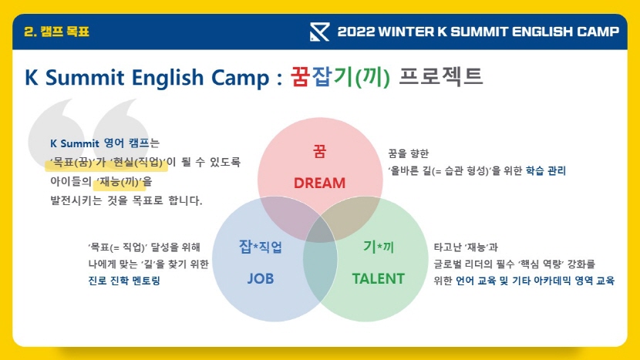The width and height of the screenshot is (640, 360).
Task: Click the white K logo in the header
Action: click(319, 32)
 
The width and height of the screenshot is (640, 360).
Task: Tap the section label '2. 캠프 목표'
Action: click(57, 32)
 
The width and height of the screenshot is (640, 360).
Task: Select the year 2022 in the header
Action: click(356, 32)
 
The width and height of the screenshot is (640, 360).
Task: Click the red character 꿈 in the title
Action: click(301, 77)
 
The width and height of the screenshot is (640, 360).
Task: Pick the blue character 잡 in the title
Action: click(322, 77)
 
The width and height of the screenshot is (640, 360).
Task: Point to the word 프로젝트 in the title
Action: click(441, 76)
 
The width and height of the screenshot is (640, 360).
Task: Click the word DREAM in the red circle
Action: click(319, 183)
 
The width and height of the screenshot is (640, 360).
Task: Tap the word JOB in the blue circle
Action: click(261, 279)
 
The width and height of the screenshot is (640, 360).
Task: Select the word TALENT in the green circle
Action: click(379, 279)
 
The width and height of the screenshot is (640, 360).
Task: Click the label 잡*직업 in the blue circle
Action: click(261, 247)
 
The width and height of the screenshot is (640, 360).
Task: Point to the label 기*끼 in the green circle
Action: click(379, 247)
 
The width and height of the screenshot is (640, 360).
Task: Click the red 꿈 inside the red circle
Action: click(319, 151)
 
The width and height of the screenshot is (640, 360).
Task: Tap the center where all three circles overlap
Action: click(320, 230)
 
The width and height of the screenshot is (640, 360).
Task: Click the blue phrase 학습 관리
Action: click(546, 170)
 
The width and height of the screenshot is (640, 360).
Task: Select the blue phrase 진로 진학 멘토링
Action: click(124, 281)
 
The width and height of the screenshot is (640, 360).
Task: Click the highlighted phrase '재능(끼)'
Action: click(121, 181)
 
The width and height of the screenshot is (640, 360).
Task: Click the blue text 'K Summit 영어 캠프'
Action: click(99, 143)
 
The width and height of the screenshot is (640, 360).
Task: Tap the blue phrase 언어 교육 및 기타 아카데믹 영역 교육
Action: click(535, 281)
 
